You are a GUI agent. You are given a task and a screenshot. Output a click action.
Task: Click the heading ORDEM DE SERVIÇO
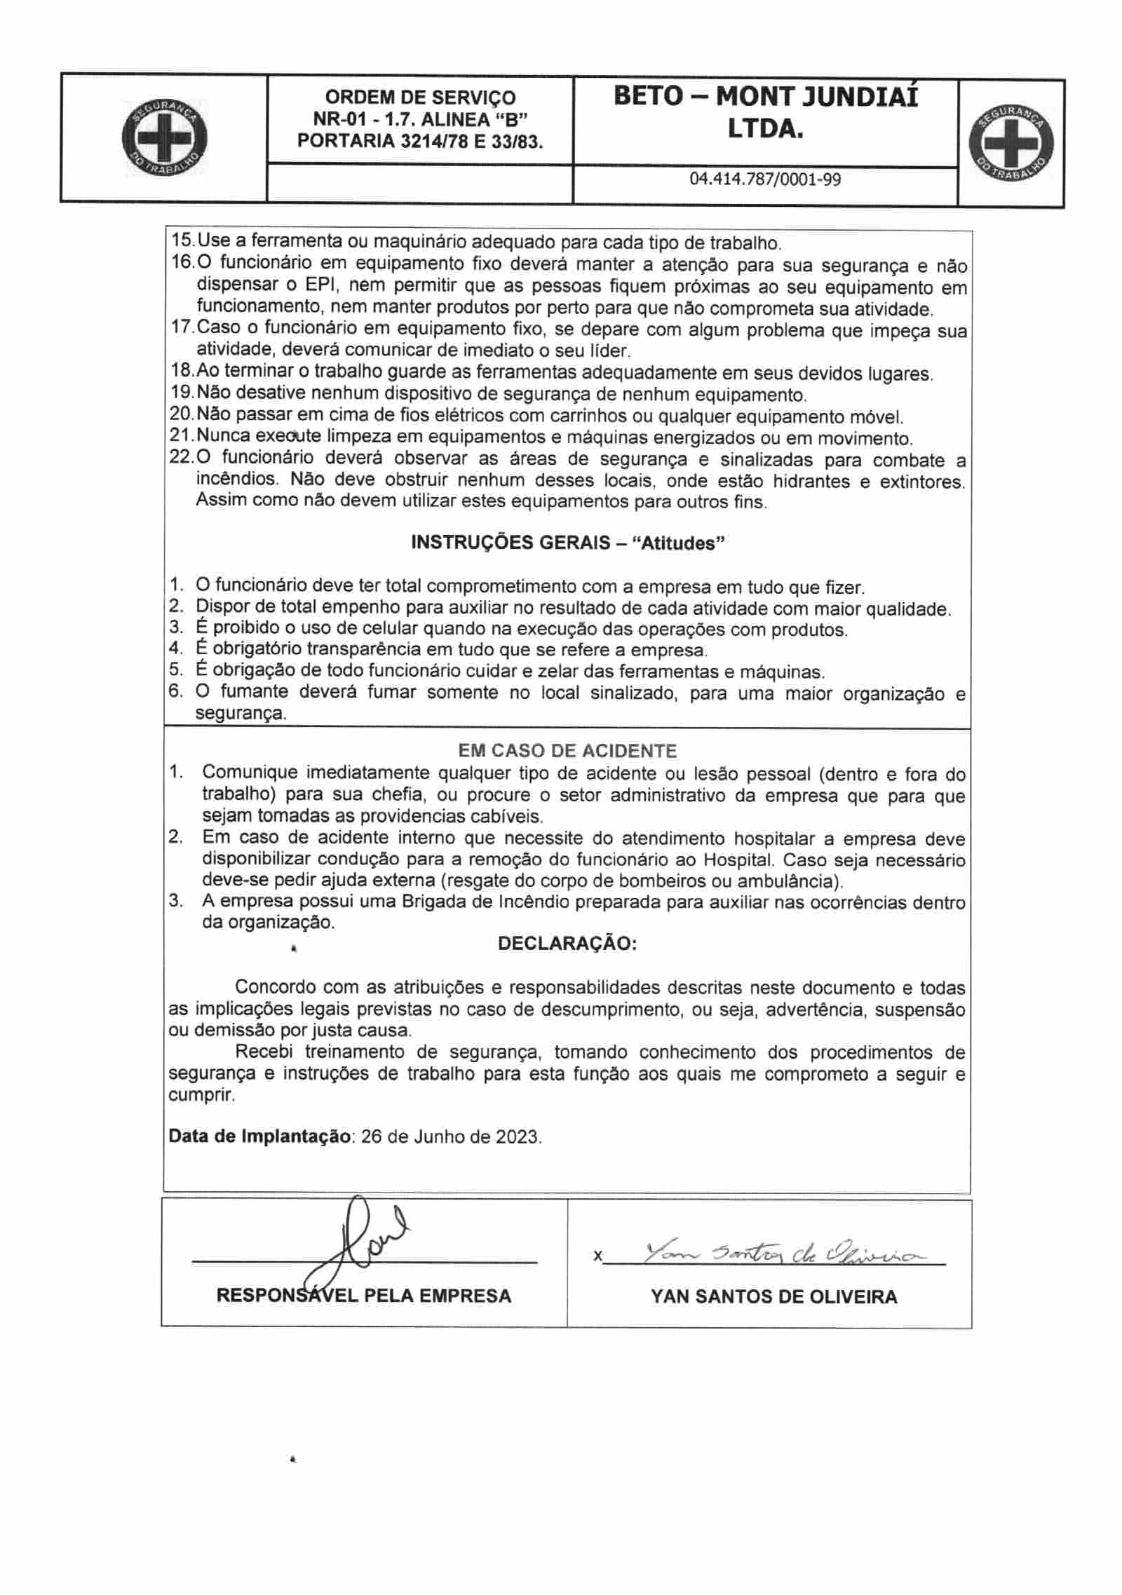[x=420, y=97]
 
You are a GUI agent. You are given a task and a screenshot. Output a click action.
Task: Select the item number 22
[x=182, y=460]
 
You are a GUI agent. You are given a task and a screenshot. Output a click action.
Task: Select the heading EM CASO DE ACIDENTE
[x=567, y=751]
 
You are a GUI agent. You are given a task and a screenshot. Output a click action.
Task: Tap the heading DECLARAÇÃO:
[x=567, y=944]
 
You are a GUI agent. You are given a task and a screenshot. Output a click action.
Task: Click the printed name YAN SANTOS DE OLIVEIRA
[x=773, y=1297]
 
